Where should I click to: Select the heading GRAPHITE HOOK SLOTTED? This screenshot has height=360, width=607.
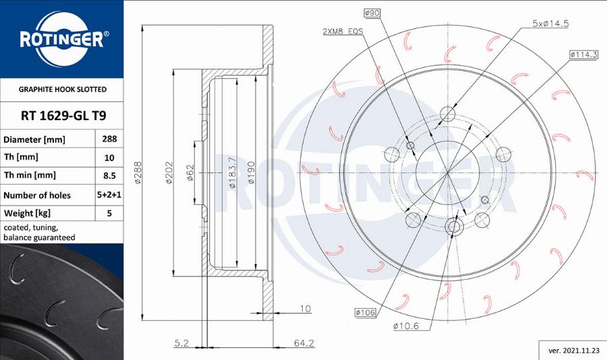tap(62, 89)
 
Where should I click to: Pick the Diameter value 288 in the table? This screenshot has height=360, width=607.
tap(109, 140)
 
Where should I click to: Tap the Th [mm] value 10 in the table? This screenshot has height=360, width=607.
tap(109, 158)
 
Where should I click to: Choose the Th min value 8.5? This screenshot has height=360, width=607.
tap(109, 176)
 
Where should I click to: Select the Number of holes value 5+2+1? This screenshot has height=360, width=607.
tap(109, 195)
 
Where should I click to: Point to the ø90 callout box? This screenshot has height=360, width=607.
tap(372, 13)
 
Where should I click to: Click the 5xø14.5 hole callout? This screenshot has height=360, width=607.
tap(550, 23)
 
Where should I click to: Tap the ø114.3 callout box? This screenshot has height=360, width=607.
tap(583, 54)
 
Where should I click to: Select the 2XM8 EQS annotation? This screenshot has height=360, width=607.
tap(343, 32)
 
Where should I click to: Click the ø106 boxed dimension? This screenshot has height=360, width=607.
tap(364, 312)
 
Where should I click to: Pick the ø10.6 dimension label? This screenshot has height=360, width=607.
tap(406, 326)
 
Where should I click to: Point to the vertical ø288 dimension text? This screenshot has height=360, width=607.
tap(137, 172)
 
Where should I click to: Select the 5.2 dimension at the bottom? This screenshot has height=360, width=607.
tap(181, 343)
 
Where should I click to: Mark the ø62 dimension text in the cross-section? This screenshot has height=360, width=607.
tap(190, 172)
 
